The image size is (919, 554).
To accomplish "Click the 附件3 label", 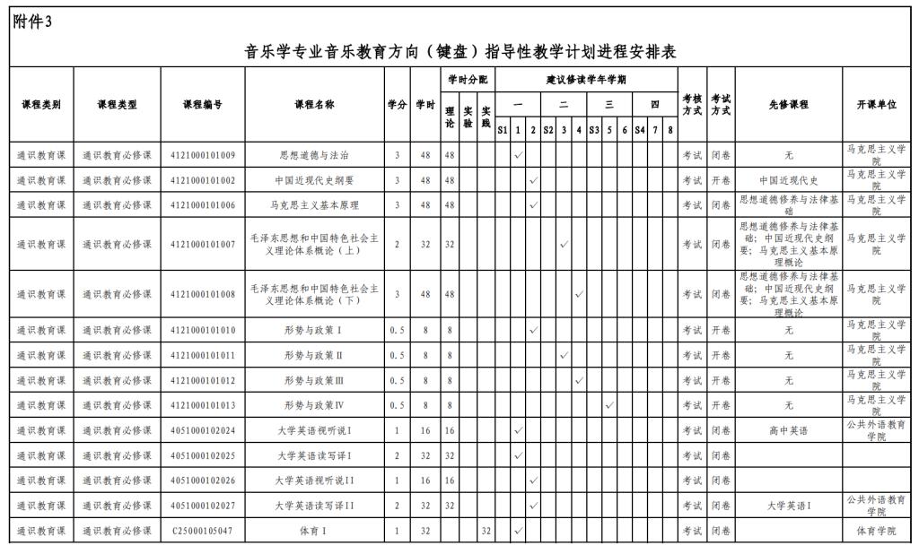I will coord(33,22).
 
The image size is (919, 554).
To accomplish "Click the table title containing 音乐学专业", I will coord(460,52).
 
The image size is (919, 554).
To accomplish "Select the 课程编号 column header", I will coord(203,105).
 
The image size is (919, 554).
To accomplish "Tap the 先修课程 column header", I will coord(788,105).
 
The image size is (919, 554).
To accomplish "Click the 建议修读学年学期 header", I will coord(586,80).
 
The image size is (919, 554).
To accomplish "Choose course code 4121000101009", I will coord(203,155).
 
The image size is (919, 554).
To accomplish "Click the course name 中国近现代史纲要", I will coord(314,180).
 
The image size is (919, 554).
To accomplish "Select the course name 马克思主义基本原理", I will coord(314,205).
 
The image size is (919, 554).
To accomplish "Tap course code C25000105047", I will coord(203,531).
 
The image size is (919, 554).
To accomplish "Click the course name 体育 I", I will coord(314,531).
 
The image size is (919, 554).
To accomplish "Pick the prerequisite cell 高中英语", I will coord(788,430).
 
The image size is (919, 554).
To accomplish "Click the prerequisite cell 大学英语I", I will coord(788,506).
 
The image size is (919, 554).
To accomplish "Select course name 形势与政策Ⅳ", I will coord(314,405).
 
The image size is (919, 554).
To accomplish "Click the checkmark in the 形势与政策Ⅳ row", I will coord(609,405).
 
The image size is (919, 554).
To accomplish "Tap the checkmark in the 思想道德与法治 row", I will coord(518,155).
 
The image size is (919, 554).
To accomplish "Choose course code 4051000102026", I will coord(203,480).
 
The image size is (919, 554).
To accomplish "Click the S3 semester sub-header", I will coord(594,130).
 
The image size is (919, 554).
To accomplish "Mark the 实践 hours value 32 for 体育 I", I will coord(486,531).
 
